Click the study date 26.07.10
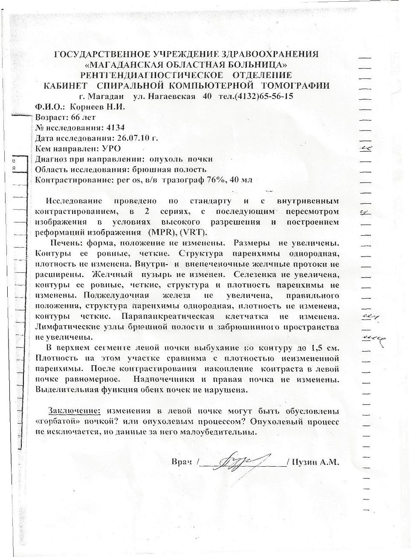click(x=131, y=138)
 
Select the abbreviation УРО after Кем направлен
click(x=111, y=148)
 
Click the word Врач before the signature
click(x=181, y=462)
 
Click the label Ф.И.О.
click(x=49, y=107)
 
